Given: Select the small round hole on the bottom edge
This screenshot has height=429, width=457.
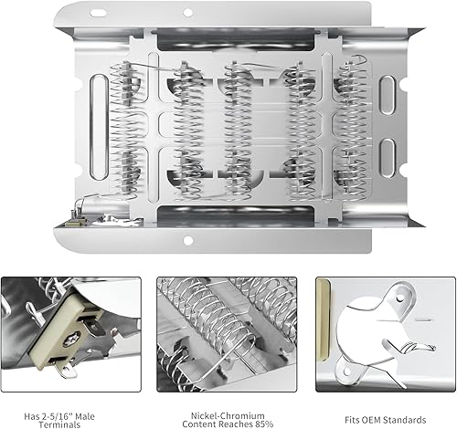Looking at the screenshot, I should [x=188, y=241].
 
